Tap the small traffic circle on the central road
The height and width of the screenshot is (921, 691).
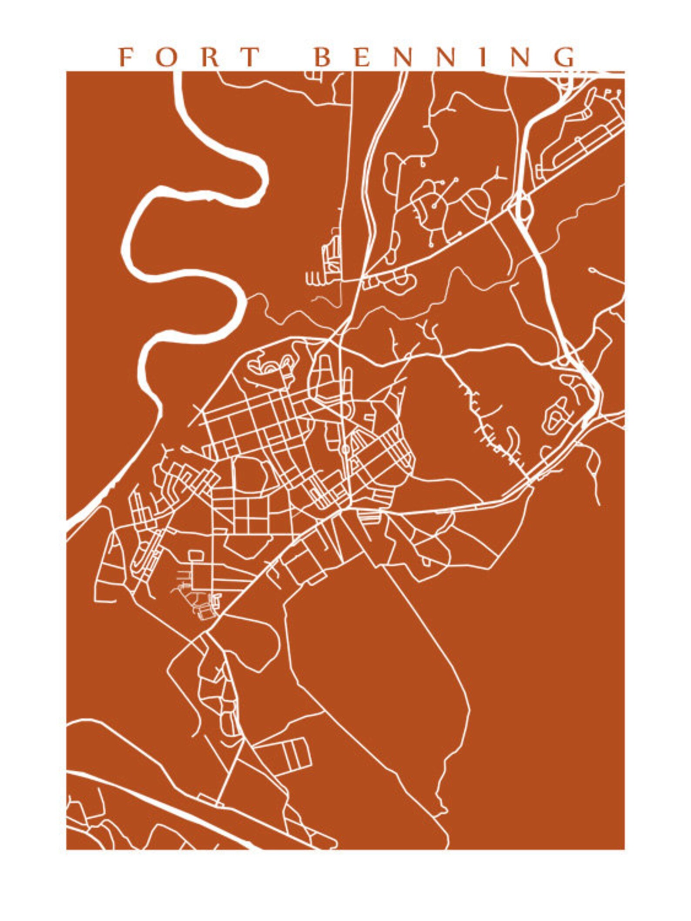345,448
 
